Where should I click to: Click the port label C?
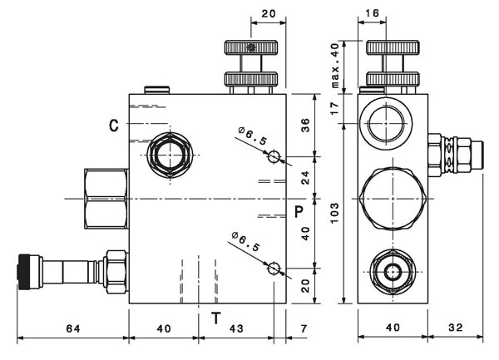coord(114,126)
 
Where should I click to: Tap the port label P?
coord(299,212)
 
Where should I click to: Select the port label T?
coord(216,318)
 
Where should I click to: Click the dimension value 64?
coord(73,328)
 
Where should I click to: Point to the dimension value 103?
coord(334,213)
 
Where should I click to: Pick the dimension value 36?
coord(305,126)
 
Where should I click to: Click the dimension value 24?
coord(305,178)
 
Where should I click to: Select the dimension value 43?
coord(236,328)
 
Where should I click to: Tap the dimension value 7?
coord(304,328)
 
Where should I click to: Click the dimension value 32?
coord(456,328)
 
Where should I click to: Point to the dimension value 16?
coord(372,13)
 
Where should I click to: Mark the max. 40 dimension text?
coord(335,65)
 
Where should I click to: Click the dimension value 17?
coord(334,108)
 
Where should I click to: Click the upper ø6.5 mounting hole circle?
coord(274,157)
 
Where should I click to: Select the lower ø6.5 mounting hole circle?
coord(274,269)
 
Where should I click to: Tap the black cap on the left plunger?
coord(24,272)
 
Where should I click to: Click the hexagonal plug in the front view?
coord(170,155)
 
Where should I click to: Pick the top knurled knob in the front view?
coord(251,47)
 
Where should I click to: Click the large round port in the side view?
coord(386,123)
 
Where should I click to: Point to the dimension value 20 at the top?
coord(269,14)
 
